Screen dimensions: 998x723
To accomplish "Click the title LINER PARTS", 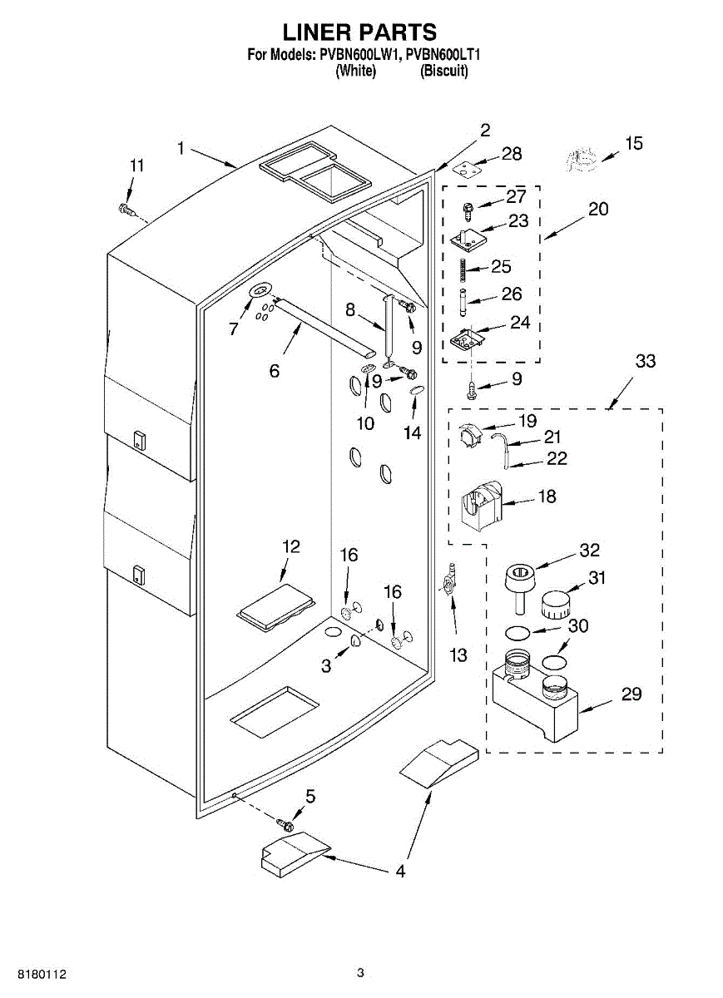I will tap(360, 32).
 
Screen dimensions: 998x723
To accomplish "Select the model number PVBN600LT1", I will tap(444, 56).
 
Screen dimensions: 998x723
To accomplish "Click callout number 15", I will tap(634, 144).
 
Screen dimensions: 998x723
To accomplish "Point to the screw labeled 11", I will tap(127, 210).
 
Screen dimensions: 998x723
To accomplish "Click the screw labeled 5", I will tap(285, 825).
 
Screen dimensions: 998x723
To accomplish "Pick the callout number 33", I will tap(645, 361).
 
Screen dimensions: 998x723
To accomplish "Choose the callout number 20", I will tap(598, 209).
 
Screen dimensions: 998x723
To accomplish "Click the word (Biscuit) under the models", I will tap(444, 72).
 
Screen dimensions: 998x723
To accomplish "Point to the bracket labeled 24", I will tap(465, 341).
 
